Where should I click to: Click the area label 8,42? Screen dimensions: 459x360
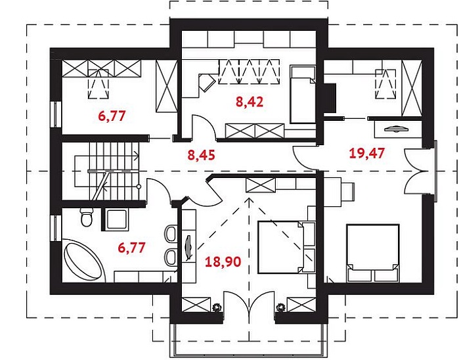click(250, 102)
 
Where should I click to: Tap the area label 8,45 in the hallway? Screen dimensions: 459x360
click(201, 155)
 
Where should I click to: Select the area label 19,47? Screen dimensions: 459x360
click(367, 153)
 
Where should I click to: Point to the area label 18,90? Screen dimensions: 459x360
click(223, 261)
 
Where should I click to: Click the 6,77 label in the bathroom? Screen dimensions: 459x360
click(131, 248)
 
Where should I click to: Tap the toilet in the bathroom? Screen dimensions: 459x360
click(87, 217)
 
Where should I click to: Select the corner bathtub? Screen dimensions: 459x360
click(83, 260)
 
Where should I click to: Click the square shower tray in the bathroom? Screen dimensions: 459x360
click(116, 219)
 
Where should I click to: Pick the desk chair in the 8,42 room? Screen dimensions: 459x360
click(207, 81)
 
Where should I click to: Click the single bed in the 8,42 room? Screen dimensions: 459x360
click(303, 95)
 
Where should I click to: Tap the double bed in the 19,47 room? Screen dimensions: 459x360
click(372, 253)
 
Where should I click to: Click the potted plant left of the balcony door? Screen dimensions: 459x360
click(217, 307)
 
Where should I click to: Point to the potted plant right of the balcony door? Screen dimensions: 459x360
click(280, 307)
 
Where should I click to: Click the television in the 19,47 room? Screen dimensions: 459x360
click(395, 128)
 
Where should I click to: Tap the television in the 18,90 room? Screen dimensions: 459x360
click(188, 248)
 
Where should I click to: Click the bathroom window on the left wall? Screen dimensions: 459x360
click(56, 228)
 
